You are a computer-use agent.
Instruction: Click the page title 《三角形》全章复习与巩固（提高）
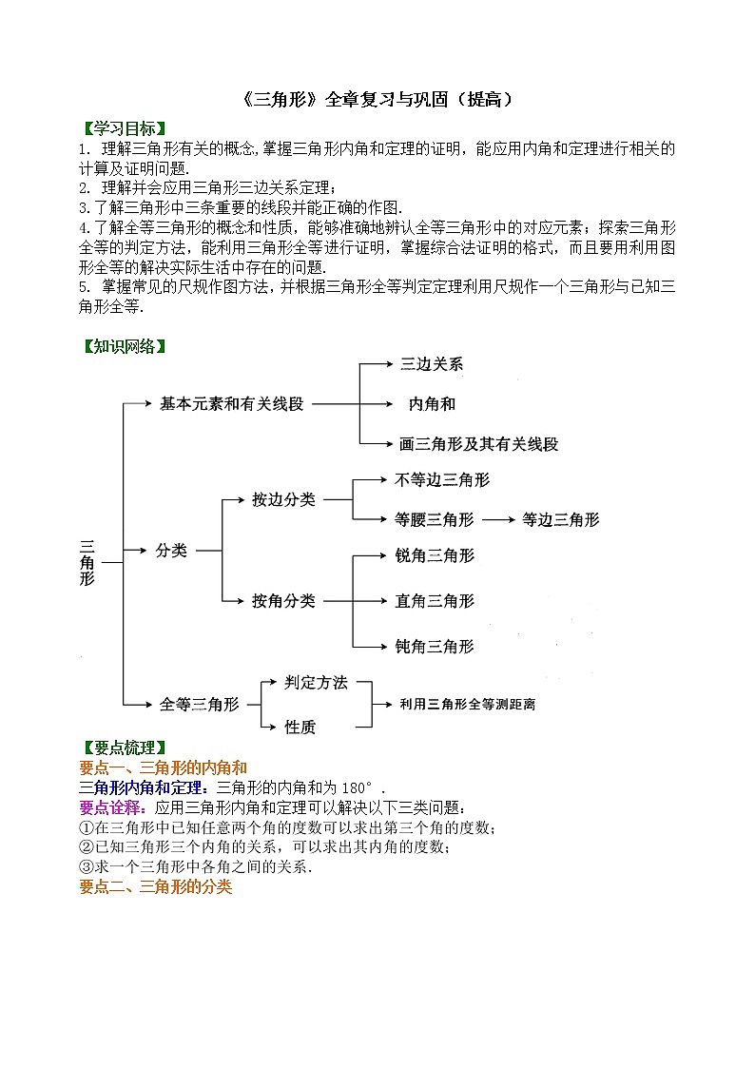click(x=377, y=99)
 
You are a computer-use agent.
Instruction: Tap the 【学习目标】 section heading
click(x=123, y=128)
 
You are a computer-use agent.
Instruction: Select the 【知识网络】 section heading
click(x=123, y=346)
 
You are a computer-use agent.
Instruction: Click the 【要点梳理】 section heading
click(x=123, y=748)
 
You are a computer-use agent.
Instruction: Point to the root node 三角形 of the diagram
click(x=87, y=562)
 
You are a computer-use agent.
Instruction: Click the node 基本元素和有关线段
click(x=231, y=404)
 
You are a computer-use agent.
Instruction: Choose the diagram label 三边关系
click(x=432, y=364)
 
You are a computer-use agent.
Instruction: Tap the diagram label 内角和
click(x=432, y=404)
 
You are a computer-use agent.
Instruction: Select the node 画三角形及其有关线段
click(x=478, y=444)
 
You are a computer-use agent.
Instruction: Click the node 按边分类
click(x=283, y=499)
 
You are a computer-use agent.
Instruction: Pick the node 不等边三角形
click(x=442, y=480)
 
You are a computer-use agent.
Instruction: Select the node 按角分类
click(x=283, y=601)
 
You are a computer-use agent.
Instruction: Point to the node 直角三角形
click(x=434, y=601)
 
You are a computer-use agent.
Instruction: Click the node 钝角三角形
click(x=434, y=647)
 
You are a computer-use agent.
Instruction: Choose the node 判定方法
click(x=316, y=683)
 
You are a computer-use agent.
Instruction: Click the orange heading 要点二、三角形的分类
click(x=154, y=886)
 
